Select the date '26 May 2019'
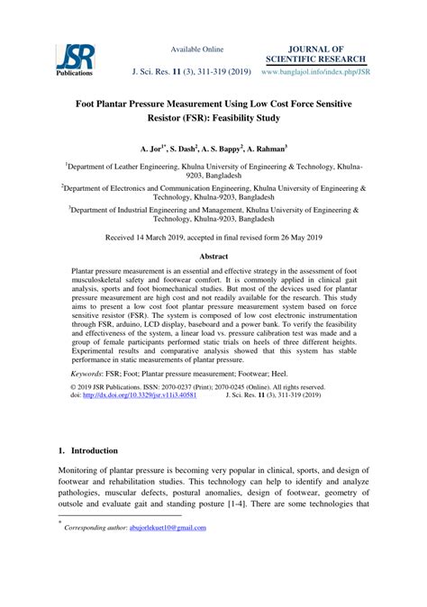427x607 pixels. pyautogui.click(x=294, y=238)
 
